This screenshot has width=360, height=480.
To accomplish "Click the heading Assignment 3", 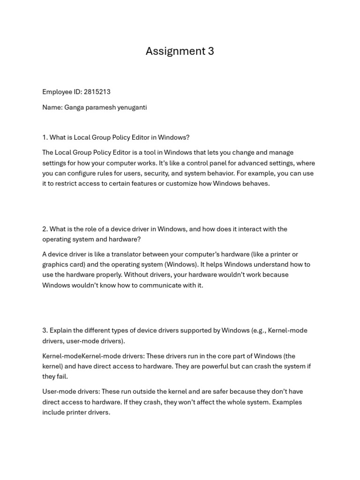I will coord(180,51).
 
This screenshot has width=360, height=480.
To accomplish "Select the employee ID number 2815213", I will coord(97,92).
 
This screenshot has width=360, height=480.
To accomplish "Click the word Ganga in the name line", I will coord(74,107).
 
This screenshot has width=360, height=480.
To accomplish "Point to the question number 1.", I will coord(45,137).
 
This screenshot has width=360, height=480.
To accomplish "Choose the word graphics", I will coord(56,265).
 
